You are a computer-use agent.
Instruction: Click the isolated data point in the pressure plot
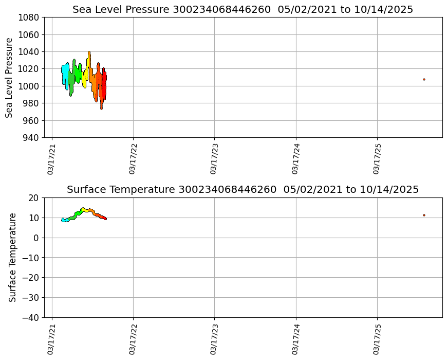pos(424,79)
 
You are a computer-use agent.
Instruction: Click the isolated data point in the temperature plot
pos(424,215)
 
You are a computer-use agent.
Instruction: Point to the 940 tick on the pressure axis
pos(30,138)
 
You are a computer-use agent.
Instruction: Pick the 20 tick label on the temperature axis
pos(34,198)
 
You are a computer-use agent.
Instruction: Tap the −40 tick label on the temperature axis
pos(29,318)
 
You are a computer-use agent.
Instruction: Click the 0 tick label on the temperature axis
pos(36,238)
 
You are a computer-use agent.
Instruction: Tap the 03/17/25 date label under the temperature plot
pos(377,339)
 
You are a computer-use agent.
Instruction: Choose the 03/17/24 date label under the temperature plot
pos(295,339)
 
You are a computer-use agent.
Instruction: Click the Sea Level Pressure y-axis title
pos(10,77)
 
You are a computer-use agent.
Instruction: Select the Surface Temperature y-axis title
pos(12,257)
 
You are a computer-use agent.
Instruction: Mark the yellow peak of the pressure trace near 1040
pos(89,52)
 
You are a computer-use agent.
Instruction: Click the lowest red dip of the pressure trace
pos(101,108)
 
